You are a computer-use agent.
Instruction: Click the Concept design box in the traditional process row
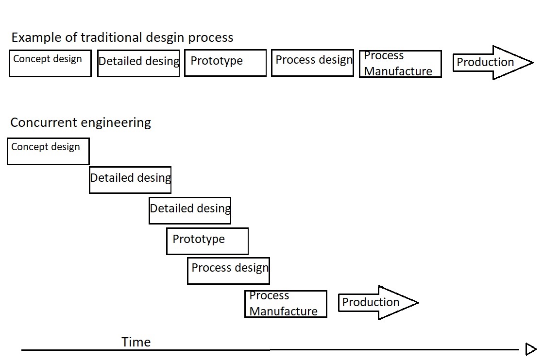point(50,63)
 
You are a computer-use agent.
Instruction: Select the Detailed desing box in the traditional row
point(138,63)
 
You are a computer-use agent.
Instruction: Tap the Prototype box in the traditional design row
point(225,63)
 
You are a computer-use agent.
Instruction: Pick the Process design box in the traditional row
point(312,63)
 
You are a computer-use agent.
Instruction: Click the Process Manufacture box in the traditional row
point(400,64)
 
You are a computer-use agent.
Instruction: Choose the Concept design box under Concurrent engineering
point(48,151)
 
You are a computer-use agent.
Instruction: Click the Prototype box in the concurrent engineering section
point(207,241)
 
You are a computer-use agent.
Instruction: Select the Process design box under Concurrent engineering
point(228,271)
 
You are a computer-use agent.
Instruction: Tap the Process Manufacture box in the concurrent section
point(286,304)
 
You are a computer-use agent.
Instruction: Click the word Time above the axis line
point(136,342)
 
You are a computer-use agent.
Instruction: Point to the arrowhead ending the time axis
point(531,349)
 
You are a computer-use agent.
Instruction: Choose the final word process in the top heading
point(211,38)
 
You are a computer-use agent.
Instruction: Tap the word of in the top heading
point(68,37)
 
